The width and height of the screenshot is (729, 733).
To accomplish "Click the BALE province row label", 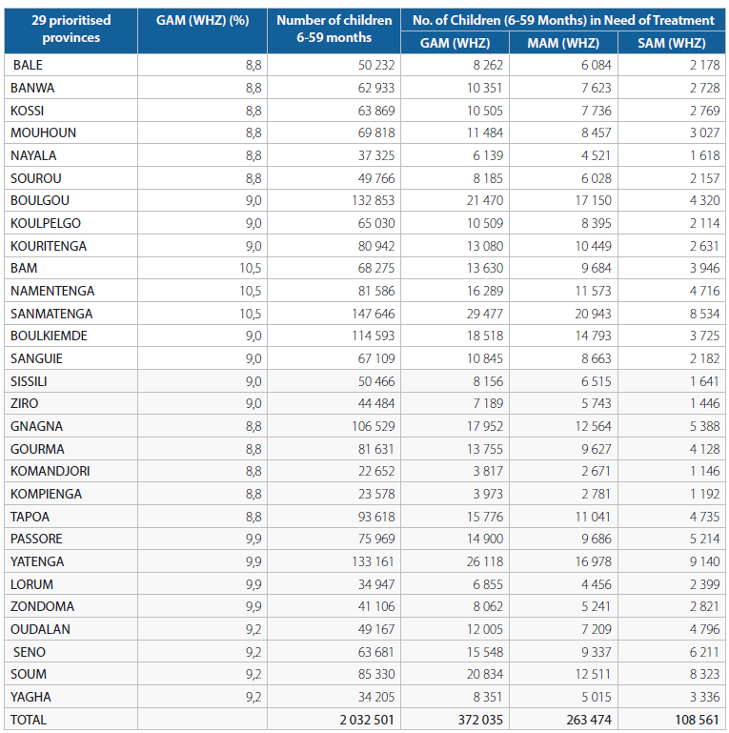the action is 28,65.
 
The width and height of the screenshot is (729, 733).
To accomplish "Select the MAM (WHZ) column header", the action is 563,43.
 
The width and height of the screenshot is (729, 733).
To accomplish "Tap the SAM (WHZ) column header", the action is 672,43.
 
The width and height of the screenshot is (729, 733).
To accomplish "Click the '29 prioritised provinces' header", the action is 71,29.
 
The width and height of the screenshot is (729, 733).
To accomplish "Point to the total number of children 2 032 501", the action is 367,720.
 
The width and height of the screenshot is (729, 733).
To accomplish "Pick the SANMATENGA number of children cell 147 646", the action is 374,314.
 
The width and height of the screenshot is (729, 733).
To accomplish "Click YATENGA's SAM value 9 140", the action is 705,561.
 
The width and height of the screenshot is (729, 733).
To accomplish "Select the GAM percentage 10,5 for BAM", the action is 251,269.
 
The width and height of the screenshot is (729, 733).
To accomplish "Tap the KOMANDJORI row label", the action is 50,471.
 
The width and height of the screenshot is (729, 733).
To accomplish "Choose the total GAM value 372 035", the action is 480,720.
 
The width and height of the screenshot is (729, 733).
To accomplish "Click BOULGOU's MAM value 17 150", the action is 593,200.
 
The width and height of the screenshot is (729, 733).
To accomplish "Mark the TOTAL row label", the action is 29,720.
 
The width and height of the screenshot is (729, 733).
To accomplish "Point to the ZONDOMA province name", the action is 42,606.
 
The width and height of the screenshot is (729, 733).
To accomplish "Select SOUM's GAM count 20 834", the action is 485,674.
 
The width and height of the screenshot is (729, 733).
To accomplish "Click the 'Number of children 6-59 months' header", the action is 334,29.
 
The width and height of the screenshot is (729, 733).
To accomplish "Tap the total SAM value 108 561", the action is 698,720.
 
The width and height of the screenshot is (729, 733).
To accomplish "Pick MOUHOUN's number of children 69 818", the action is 376,132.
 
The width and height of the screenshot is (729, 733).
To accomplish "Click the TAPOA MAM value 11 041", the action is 593,517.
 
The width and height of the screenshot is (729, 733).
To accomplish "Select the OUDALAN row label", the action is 40,629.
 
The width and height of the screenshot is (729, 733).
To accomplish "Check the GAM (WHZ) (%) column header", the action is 202,21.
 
